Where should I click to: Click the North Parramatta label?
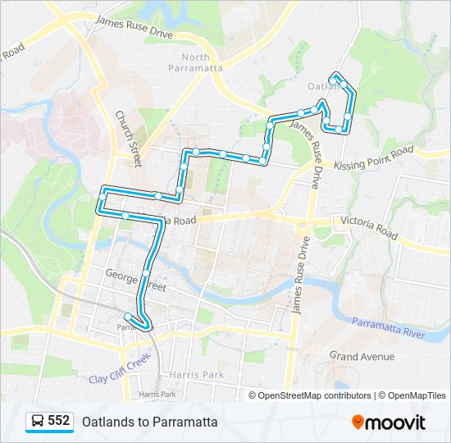click(202, 62)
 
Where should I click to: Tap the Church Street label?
click(129, 139)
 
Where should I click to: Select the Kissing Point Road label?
click(374, 159)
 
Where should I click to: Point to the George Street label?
click(135, 281)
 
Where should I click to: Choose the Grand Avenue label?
click(362, 356)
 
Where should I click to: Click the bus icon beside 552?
click(37, 422)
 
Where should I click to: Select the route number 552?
click(58, 421)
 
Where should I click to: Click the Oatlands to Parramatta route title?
click(149, 422)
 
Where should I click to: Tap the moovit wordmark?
click(395, 422)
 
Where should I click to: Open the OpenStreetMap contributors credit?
click(314, 395)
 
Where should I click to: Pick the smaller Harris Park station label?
click(157, 394)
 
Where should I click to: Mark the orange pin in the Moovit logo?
click(358, 422)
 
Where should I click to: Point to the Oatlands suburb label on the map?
click(321, 86)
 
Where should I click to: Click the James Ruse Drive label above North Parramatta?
click(134, 31)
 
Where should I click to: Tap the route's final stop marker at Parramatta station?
click(128, 317)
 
